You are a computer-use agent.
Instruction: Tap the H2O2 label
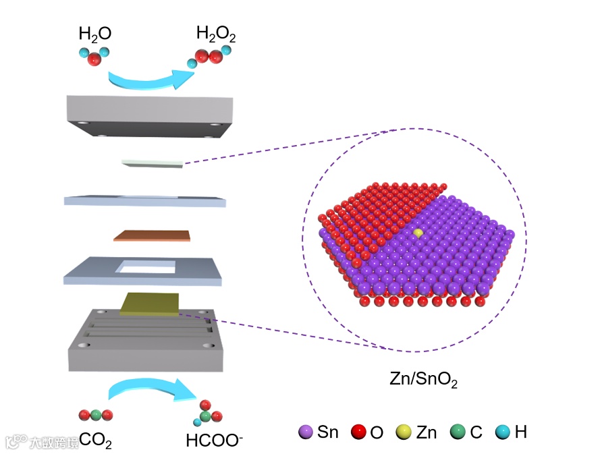click(x=216, y=33)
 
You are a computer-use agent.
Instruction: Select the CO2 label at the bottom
click(x=95, y=441)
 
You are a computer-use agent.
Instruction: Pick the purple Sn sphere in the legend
click(x=306, y=432)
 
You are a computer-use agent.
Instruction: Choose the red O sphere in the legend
click(x=359, y=432)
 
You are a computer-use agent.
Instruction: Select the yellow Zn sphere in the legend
click(x=408, y=432)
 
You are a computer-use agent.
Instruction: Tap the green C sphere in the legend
click(x=458, y=432)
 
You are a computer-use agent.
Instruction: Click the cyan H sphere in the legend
click(x=502, y=432)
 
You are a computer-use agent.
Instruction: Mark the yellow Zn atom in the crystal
click(x=418, y=233)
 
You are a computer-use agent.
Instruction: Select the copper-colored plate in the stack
click(x=153, y=235)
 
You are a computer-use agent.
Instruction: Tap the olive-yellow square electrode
click(x=150, y=304)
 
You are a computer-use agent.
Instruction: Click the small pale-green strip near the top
click(x=153, y=164)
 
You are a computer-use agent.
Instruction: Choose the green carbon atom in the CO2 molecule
click(x=97, y=415)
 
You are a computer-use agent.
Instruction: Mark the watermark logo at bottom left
click(x=16, y=441)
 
